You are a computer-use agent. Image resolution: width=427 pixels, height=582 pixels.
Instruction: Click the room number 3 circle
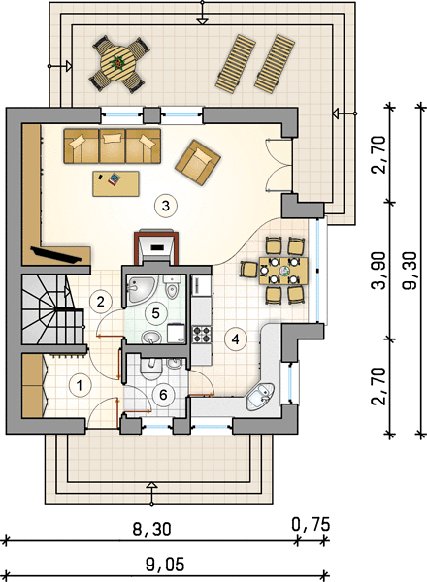click(166, 206)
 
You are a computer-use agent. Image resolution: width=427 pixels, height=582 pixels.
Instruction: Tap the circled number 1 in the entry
click(79, 386)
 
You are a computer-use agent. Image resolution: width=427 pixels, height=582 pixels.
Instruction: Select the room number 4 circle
click(236, 339)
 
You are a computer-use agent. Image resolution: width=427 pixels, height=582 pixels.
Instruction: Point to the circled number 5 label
click(155, 313)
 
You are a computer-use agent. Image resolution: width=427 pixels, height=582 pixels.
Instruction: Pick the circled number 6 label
click(163, 395)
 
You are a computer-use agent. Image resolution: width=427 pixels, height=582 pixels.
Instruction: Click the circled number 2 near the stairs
click(100, 302)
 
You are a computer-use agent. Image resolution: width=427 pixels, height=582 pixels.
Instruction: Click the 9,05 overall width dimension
click(165, 565)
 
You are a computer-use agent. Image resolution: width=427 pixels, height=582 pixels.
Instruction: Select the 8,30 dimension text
click(152, 530)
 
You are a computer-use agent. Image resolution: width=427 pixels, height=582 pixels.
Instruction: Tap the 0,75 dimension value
click(311, 525)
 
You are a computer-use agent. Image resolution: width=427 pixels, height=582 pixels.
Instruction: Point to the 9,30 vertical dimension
click(410, 271)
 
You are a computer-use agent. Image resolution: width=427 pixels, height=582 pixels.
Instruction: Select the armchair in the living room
click(198, 162)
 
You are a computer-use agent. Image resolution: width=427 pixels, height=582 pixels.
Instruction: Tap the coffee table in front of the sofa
click(115, 183)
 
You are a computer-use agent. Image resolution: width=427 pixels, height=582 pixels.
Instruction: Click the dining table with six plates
click(284, 271)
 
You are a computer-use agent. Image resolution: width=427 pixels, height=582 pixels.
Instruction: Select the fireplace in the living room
click(156, 247)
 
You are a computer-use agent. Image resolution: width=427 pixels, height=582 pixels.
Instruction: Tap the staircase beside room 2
click(52, 309)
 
